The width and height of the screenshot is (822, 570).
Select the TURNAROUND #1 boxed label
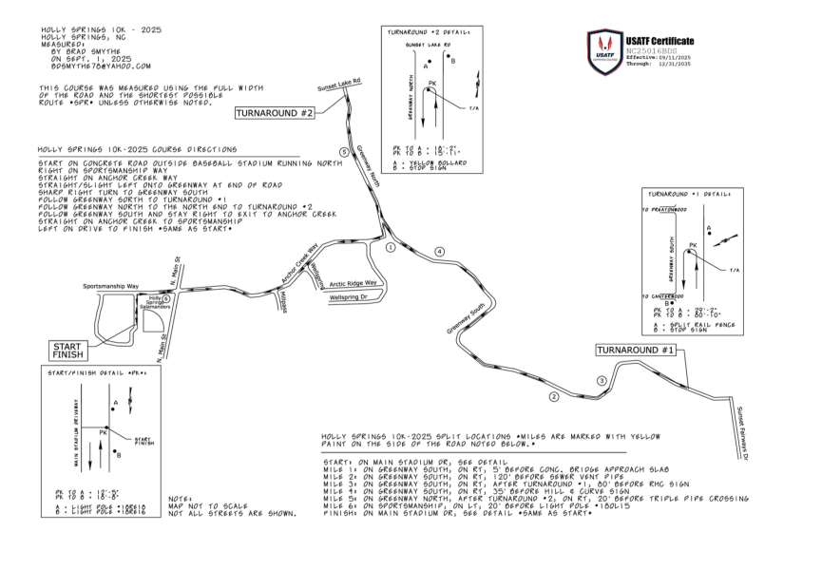point(636,351)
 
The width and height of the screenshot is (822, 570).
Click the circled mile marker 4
point(439,251)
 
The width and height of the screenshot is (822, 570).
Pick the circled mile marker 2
point(554,396)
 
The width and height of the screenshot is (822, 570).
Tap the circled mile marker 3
point(601,381)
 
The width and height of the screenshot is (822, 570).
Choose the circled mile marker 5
point(343,152)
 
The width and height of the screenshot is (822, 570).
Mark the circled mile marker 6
point(166,298)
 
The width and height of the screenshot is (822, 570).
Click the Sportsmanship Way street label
point(111,285)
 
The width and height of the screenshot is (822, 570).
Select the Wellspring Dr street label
point(354,298)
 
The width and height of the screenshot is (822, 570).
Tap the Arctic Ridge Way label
point(354,283)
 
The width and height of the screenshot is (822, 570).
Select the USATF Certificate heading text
point(660,41)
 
